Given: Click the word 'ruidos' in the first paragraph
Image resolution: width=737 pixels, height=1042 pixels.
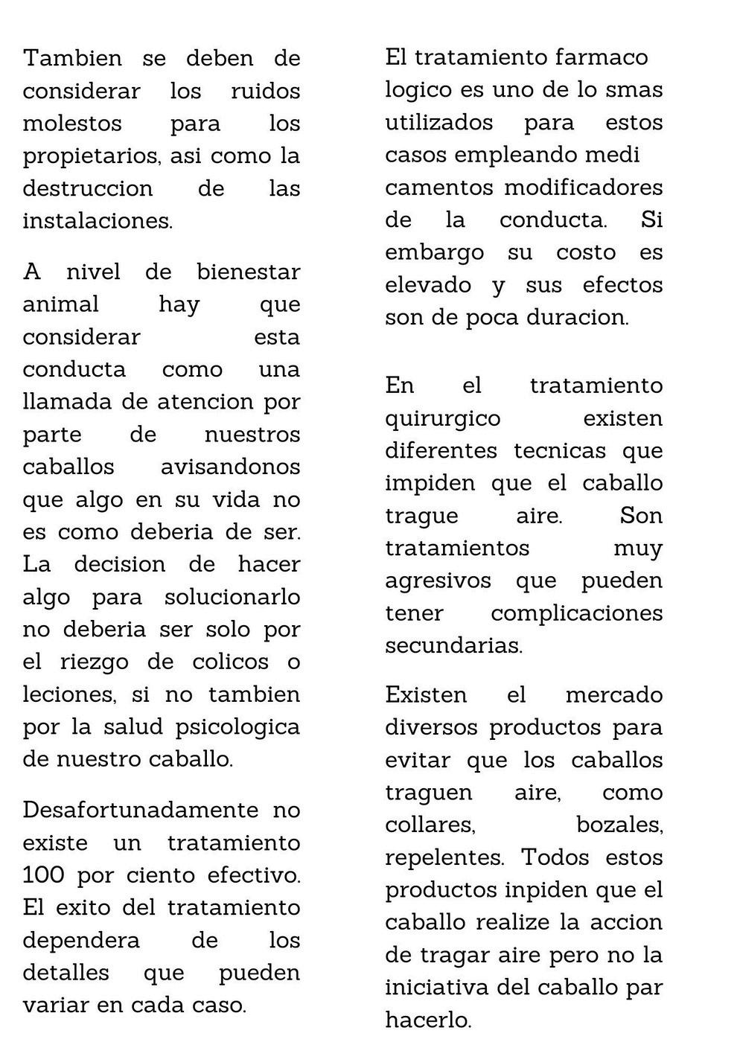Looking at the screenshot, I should coord(265,91).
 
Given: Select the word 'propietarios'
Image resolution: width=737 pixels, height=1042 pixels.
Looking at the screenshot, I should coord(91,156).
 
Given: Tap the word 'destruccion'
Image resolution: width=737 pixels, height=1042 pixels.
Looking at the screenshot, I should coord(87,188).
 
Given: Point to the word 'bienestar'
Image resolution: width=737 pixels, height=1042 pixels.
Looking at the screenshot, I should coord(248,272).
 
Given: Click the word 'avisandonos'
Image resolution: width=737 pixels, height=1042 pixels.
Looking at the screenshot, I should coord(230,467).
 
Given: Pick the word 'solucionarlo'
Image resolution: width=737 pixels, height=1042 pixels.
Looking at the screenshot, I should coord(232,597).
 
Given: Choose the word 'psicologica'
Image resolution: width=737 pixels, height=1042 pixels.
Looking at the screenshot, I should coord(237,726).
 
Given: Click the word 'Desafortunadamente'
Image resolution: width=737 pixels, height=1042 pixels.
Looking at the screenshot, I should coord(141,810).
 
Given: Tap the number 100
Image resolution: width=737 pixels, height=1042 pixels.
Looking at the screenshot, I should coord(43,875).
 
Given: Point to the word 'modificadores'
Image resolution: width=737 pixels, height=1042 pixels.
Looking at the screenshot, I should coord(583,188).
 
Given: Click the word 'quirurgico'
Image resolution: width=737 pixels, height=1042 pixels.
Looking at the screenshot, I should coord(442,418).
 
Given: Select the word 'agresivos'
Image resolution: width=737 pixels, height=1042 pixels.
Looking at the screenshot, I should coord(438,581).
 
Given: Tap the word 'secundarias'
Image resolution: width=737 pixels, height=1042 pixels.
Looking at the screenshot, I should coord(453,645).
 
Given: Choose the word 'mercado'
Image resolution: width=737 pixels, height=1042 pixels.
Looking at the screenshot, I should coord(613,695).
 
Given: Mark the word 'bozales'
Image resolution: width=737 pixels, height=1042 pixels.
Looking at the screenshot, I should coord(619,825).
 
